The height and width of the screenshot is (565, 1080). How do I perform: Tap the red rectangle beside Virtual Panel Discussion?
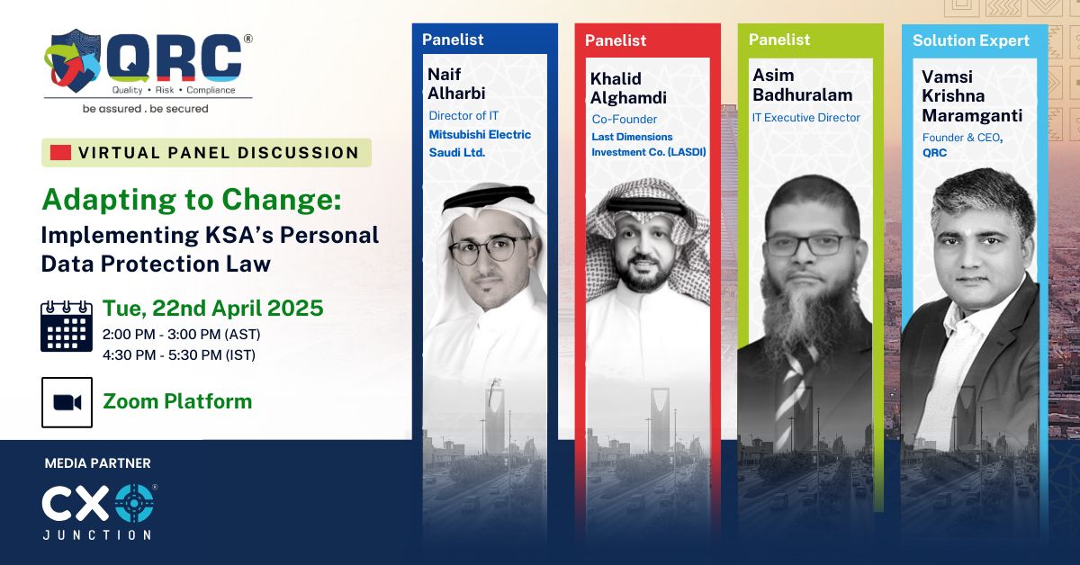[x=60, y=152]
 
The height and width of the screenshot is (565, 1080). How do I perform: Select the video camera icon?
[x=67, y=402]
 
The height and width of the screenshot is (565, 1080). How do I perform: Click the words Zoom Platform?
[x=177, y=400]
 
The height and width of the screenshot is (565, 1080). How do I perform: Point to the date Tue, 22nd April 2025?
[x=212, y=309]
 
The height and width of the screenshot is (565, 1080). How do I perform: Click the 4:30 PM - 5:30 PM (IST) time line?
[x=179, y=354]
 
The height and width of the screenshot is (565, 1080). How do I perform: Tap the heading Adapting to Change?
[x=192, y=200]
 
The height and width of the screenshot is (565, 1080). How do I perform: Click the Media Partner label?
[x=98, y=463]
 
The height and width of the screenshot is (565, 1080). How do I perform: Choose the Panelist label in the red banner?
[x=615, y=40]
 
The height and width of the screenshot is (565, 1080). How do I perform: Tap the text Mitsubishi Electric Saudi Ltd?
[x=479, y=143]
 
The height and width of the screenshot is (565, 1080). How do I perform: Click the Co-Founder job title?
[x=625, y=119]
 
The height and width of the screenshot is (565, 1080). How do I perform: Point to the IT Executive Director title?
[x=805, y=117]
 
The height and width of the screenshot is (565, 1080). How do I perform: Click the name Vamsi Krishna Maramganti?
[x=971, y=96]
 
